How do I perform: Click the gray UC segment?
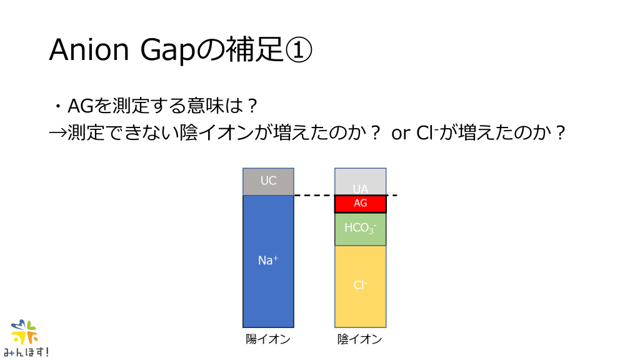click(x=268, y=181)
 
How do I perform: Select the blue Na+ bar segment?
click(x=268, y=261)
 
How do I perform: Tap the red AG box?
click(x=361, y=204)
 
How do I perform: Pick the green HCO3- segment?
click(x=361, y=229)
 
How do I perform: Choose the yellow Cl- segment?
click(x=361, y=286)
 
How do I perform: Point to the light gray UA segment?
click(x=361, y=181)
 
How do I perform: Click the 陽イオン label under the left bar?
click(x=267, y=339)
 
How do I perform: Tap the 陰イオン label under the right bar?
click(x=359, y=339)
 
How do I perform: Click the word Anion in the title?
click(x=89, y=50)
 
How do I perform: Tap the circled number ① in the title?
click(x=298, y=51)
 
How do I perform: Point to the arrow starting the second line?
click(x=57, y=133)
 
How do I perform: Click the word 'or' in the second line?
click(x=400, y=134)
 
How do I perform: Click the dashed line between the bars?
click(x=346, y=195)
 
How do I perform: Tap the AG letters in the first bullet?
click(x=81, y=106)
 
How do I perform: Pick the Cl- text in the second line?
click(x=427, y=132)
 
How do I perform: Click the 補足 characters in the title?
click(x=254, y=50)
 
